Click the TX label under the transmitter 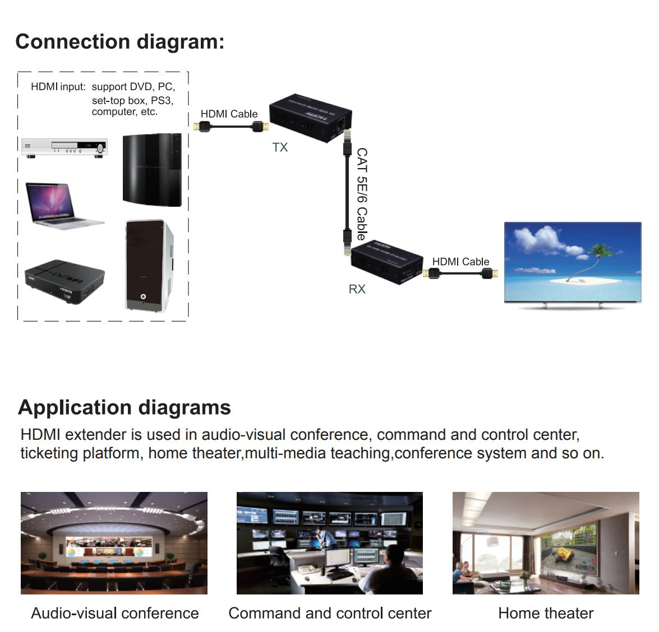(280, 147)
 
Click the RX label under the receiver (357, 289)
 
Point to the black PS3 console (152, 170)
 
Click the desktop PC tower (149, 266)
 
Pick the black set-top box (64, 281)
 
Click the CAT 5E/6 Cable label (362, 194)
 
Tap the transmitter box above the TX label (310, 118)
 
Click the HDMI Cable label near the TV (460, 262)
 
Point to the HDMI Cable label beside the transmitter (229, 114)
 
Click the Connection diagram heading (119, 42)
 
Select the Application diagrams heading (125, 407)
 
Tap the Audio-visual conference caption (115, 613)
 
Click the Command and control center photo (330, 543)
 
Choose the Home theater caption (546, 613)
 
